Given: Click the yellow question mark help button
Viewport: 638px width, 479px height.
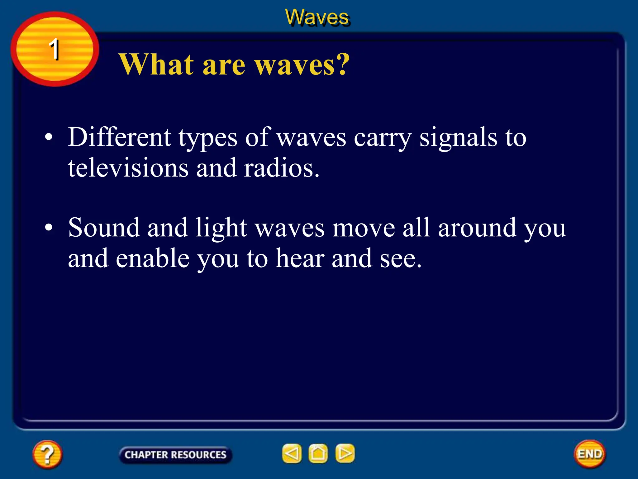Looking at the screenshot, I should coord(47,454).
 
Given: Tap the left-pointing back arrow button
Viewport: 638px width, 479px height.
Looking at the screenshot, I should coord(292,453).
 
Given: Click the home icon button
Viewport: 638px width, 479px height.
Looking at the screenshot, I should coord(318,453).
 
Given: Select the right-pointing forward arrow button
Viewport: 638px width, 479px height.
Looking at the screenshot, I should coord(345,453).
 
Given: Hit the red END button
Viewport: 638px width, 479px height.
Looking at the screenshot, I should coord(590,454).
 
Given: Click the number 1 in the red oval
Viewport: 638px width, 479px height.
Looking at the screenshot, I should coord(55,49).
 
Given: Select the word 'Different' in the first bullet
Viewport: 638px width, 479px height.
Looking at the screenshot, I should coord(120,137).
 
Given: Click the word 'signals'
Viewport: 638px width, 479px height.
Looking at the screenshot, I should coord(458,138).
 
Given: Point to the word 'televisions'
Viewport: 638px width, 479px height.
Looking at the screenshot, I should coord(128,168).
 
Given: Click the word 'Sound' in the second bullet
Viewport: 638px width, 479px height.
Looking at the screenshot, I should coord(104,228).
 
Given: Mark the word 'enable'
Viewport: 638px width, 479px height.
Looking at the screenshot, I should coord(153,258).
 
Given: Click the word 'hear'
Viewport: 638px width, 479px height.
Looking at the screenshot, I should coord(300,258).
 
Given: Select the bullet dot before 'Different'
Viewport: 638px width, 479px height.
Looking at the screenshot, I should coord(49,137).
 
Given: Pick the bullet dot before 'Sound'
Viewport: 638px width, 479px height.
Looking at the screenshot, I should coord(49,228).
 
